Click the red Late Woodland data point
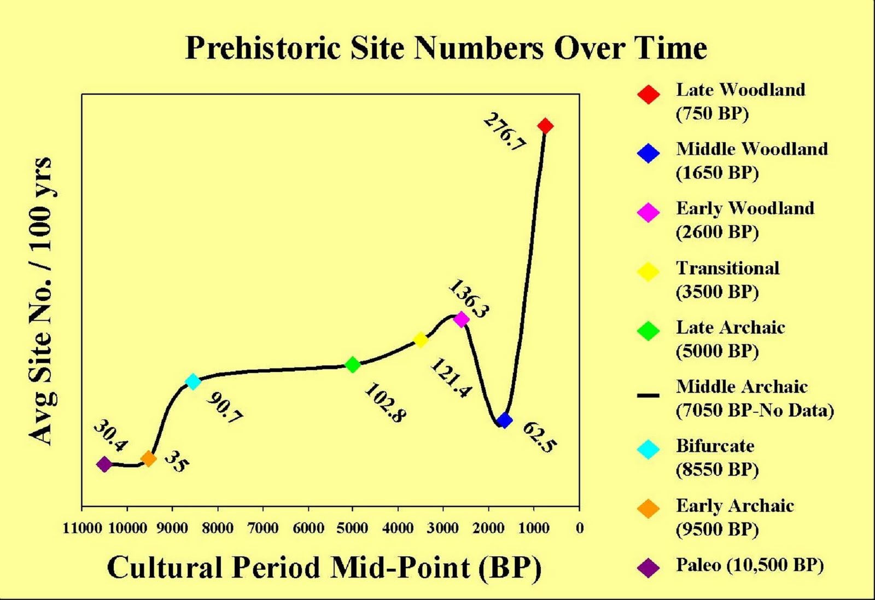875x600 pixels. click(x=545, y=126)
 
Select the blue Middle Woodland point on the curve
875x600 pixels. click(x=505, y=420)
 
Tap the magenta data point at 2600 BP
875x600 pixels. click(x=462, y=319)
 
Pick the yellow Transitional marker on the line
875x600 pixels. click(x=420, y=340)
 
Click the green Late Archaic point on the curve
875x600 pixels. click(x=353, y=364)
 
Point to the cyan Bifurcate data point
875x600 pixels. click(x=192, y=381)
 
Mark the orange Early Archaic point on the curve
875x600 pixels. click(x=148, y=458)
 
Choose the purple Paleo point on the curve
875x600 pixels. click(x=104, y=464)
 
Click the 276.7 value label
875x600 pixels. click(x=505, y=132)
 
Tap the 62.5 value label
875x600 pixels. click(x=539, y=437)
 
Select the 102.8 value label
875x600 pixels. click(x=385, y=403)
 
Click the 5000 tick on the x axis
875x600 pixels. click(x=352, y=528)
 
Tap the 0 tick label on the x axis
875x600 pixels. click(x=580, y=528)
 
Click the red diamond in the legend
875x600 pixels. click(x=648, y=94)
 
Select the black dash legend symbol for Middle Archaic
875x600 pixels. click(x=648, y=395)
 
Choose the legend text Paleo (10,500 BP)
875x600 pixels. click(x=750, y=565)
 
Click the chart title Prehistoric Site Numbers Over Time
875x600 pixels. click(x=446, y=48)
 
